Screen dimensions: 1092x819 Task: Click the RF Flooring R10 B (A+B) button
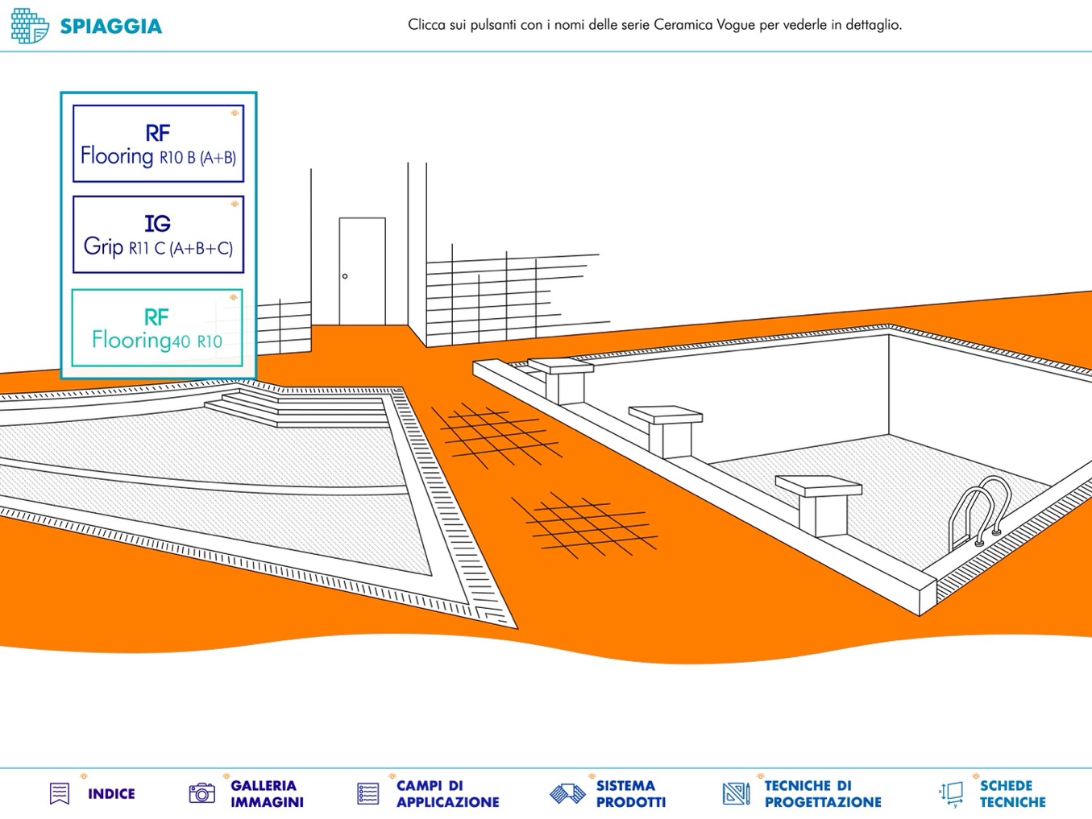coord(158,143)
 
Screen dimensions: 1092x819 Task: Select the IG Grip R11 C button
coord(158,234)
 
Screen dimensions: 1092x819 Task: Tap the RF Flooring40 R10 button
coord(157,328)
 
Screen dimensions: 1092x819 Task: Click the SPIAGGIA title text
coord(111,27)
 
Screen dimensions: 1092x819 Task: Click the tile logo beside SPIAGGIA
coord(30,26)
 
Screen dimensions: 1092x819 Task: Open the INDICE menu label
coord(111,794)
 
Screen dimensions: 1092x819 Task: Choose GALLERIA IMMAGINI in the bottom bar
coord(267,794)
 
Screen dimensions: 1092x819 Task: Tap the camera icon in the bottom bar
coord(202,793)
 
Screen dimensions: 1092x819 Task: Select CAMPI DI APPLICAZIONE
coord(448,794)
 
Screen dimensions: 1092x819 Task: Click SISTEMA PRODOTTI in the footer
coord(631,794)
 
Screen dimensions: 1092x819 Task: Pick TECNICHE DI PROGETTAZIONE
coord(823,794)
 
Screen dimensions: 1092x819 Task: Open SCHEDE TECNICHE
coord(1013,794)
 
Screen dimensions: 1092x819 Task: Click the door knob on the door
coord(345,276)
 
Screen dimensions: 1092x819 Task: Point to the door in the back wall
coord(362,271)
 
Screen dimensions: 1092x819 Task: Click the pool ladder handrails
coord(979,513)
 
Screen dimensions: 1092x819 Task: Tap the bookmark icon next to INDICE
coord(60,794)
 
